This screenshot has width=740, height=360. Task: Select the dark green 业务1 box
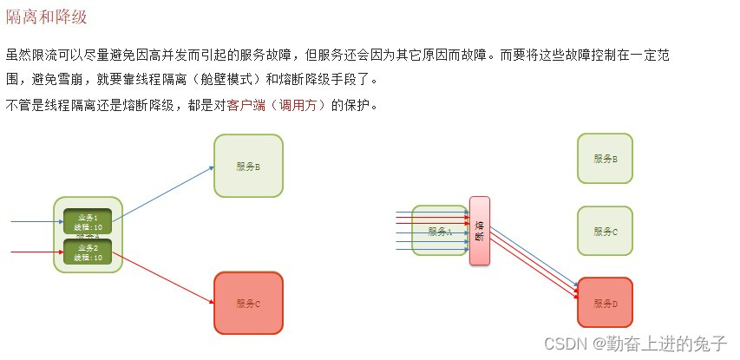88,221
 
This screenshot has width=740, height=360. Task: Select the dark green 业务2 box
88,252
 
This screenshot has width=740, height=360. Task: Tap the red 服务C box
248,303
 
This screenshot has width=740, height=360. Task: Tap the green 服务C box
605,231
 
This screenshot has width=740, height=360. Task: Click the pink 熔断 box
480,231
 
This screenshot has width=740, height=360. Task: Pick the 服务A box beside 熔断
439,231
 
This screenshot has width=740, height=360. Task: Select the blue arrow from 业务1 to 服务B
163,193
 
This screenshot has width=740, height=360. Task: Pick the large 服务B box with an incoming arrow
248,166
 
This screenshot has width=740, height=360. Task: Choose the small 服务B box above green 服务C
605,159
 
